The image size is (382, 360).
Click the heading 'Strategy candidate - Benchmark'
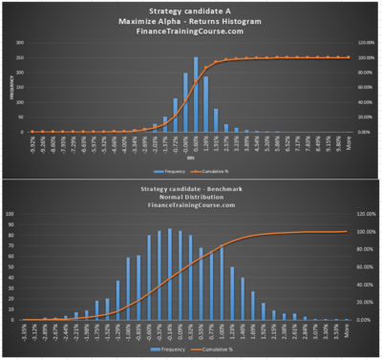(190, 189)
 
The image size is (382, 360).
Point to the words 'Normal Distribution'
(190, 200)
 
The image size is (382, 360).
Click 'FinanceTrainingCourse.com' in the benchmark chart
(190, 210)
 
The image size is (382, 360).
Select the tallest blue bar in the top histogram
(196, 95)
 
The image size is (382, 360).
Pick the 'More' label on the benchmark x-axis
(347, 328)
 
